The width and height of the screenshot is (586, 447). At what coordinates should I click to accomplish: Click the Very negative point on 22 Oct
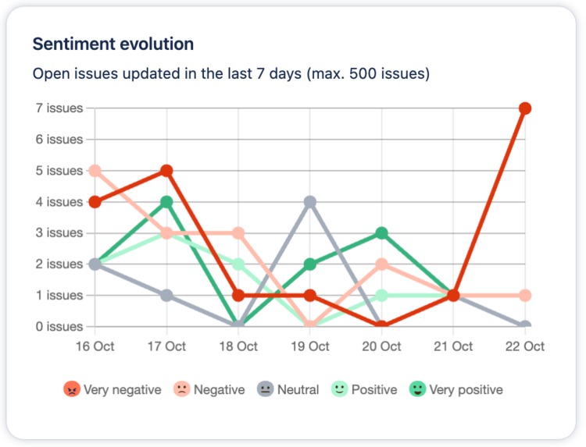(x=525, y=108)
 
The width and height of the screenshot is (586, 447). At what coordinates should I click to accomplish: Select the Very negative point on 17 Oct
(x=166, y=171)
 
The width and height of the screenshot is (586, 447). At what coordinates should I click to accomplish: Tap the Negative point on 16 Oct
(x=95, y=171)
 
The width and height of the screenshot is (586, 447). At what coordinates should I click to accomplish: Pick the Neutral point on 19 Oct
(x=310, y=202)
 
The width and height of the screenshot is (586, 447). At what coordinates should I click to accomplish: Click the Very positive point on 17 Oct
(x=166, y=202)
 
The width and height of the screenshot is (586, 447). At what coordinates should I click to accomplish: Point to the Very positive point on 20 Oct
(x=382, y=233)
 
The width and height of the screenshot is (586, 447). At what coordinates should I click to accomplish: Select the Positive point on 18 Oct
(x=238, y=264)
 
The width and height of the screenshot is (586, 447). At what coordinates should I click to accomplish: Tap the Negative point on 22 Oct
(x=525, y=296)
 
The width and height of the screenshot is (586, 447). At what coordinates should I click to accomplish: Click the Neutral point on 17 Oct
(x=166, y=296)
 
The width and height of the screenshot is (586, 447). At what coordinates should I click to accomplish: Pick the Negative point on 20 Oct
(x=382, y=264)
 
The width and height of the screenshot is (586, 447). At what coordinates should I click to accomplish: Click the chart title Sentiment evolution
(x=113, y=44)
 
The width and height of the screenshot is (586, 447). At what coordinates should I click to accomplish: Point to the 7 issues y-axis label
(x=59, y=108)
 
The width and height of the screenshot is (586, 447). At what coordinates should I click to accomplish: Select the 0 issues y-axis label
(x=59, y=327)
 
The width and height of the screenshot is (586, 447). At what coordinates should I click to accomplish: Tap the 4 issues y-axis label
(x=59, y=202)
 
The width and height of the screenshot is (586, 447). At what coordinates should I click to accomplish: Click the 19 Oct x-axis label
(x=310, y=346)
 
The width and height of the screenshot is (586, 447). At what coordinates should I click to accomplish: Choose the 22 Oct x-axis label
(x=524, y=346)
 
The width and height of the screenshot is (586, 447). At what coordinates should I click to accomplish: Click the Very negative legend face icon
(x=72, y=389)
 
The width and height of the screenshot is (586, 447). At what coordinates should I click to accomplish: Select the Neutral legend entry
(x=289, y=389)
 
